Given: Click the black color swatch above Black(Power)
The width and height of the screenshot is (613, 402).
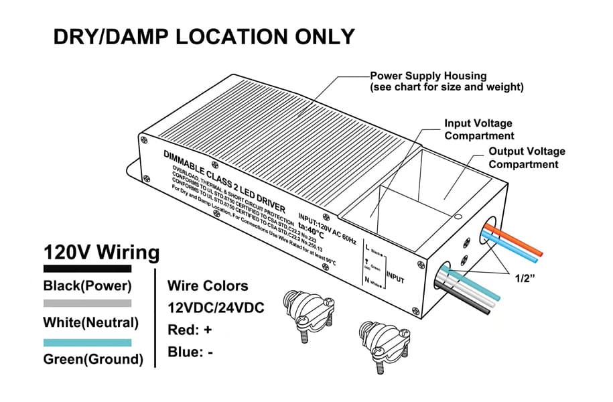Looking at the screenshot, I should pos(87,269).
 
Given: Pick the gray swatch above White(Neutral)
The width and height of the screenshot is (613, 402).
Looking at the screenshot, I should pos(87,304).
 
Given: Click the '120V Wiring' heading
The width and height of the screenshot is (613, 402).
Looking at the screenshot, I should pos(101,253).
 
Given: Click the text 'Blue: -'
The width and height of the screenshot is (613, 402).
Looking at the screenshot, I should pos(190,352).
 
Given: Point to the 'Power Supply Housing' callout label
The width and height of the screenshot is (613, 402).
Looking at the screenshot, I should pos(428,76).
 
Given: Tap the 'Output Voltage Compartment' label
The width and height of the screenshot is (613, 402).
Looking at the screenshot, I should pos(527,157).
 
